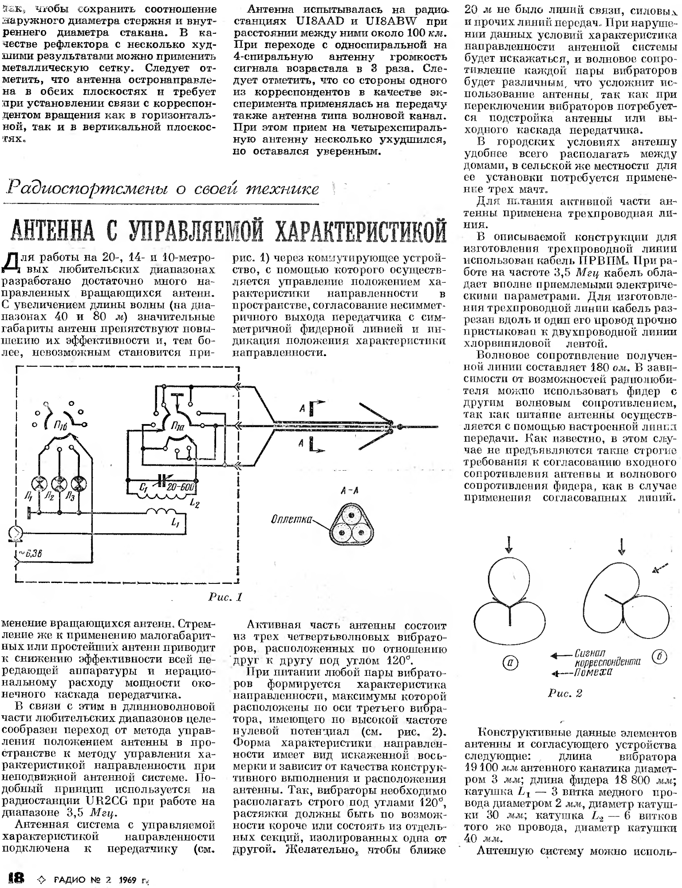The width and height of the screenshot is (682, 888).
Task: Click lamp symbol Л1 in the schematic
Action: point(39,483)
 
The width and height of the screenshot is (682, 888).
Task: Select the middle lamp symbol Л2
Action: point(59,483)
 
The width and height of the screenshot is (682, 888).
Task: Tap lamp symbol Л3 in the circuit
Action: point(79,483)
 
